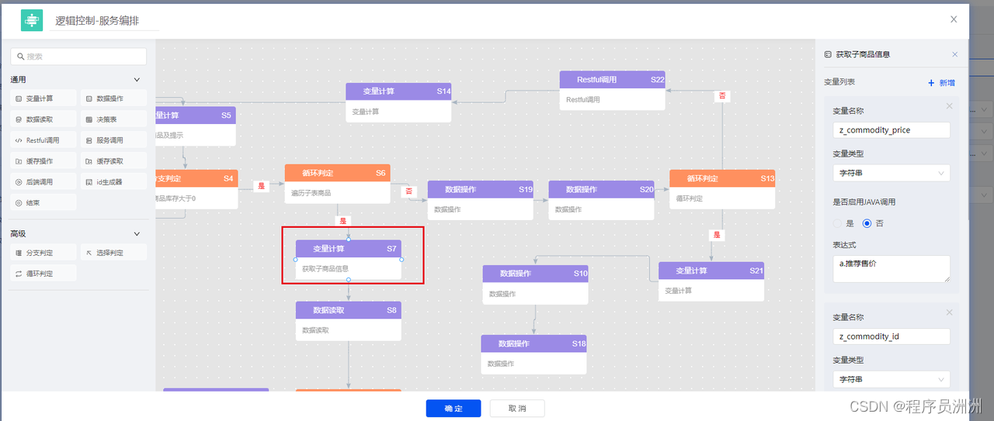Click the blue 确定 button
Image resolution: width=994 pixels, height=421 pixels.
click(x=454, y=409)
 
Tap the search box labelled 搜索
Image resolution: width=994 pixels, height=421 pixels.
click(x=78, y=57)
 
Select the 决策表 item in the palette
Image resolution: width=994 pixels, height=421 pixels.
click(x=113, y=119)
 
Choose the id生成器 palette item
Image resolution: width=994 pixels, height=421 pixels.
click(x=113, y=182)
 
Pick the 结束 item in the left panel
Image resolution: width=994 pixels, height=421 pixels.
click(x=43, y=203)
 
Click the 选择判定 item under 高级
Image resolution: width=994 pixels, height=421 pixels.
click(x=113, y=253)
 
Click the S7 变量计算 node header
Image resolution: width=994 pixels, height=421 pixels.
click(x=349, y=249)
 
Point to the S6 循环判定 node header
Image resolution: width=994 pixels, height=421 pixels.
click(x=337, y=173)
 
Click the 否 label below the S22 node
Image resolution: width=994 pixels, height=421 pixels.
click(x=722, y=96)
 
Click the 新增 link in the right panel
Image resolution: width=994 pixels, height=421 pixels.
click(x=942, y=83)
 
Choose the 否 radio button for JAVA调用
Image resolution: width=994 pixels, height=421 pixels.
click(x=867, y=223)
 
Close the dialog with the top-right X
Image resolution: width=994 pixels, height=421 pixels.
click(x=954, y=19)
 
